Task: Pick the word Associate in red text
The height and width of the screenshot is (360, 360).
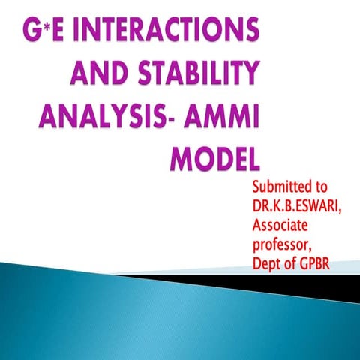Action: [x=286, y=223]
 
